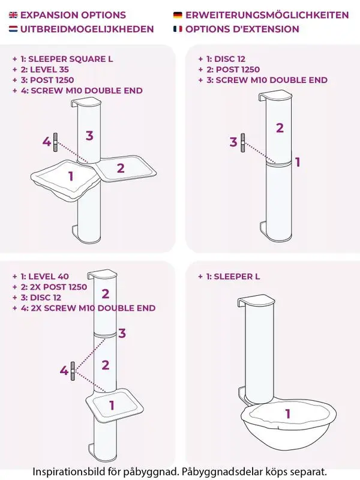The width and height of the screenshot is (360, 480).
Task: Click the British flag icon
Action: click(13, 15)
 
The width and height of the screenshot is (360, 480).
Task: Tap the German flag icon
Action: click(178, 15)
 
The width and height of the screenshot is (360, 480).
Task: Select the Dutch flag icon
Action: click(13, 29)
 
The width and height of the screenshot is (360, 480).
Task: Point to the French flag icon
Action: click(178, 29)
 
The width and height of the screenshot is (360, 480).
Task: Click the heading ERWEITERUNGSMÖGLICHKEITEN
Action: click(267, 15)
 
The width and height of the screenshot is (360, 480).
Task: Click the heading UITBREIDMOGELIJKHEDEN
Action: click(87, 29)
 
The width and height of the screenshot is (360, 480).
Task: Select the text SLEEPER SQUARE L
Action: click(71, 59)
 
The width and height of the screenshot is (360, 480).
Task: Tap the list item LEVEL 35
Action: click(44, 70)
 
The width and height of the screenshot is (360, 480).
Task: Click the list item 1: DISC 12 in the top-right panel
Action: click(221, 59)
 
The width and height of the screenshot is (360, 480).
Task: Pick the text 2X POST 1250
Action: click(58, 287)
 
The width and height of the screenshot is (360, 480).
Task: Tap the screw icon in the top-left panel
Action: click(55, 142)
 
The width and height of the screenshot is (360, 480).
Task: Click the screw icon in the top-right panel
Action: click(243, 143)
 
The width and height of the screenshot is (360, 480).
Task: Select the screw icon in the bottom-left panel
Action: click(73, 371)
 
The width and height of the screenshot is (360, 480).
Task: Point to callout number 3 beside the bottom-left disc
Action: click(122, 333)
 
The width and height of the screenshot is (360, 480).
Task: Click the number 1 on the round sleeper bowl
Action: click(288, 413)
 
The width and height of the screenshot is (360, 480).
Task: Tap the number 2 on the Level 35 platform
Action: click(121, 168)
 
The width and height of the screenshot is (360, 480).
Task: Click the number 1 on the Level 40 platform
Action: click(112, 405)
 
